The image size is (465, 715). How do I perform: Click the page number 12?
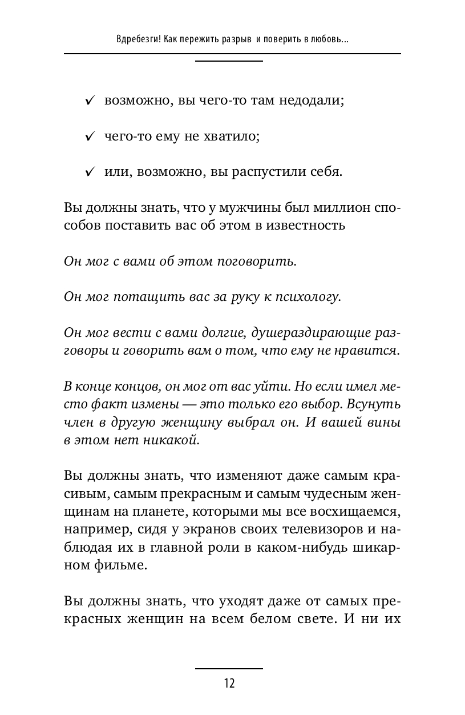coord(229,683)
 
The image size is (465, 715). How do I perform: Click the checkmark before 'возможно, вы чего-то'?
coord(90,101)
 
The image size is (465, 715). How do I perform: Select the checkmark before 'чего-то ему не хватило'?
coord(90,137)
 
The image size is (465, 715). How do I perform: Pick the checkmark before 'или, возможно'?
coord(90,172)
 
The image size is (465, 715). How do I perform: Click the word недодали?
coord(312,101)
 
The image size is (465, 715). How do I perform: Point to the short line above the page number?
coord(229,668)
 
